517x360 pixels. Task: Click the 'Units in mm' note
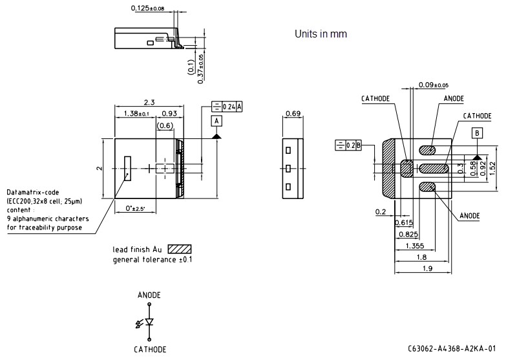(321, 34)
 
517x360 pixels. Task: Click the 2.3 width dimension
(149, 102)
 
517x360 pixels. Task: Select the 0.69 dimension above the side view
(292, 114)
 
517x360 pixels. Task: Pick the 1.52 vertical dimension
(492, 167)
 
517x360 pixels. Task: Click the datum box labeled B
(477, 133)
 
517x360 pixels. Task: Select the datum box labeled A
(216, 121)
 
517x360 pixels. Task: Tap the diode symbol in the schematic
(149, 322)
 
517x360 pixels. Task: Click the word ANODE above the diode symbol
(149, 295)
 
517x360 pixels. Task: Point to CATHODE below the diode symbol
(150, 349)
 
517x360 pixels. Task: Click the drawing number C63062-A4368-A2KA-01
(452, 349)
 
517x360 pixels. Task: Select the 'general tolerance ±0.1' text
(153, 260)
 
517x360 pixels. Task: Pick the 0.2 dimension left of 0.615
(380, 211)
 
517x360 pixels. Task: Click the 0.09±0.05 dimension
(433, 85)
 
